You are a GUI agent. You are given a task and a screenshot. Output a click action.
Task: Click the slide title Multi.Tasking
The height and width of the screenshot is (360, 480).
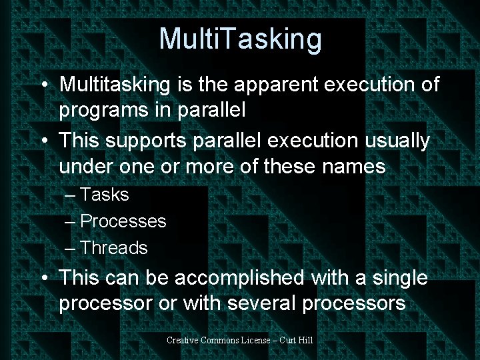tap(240, 39)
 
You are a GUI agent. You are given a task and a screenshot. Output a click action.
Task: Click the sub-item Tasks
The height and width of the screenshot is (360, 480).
tap(104, 195)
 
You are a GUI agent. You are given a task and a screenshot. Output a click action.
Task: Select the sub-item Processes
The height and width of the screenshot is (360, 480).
tap(123, 221)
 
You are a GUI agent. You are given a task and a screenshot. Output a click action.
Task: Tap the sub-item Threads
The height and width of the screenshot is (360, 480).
tap(113, 248)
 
